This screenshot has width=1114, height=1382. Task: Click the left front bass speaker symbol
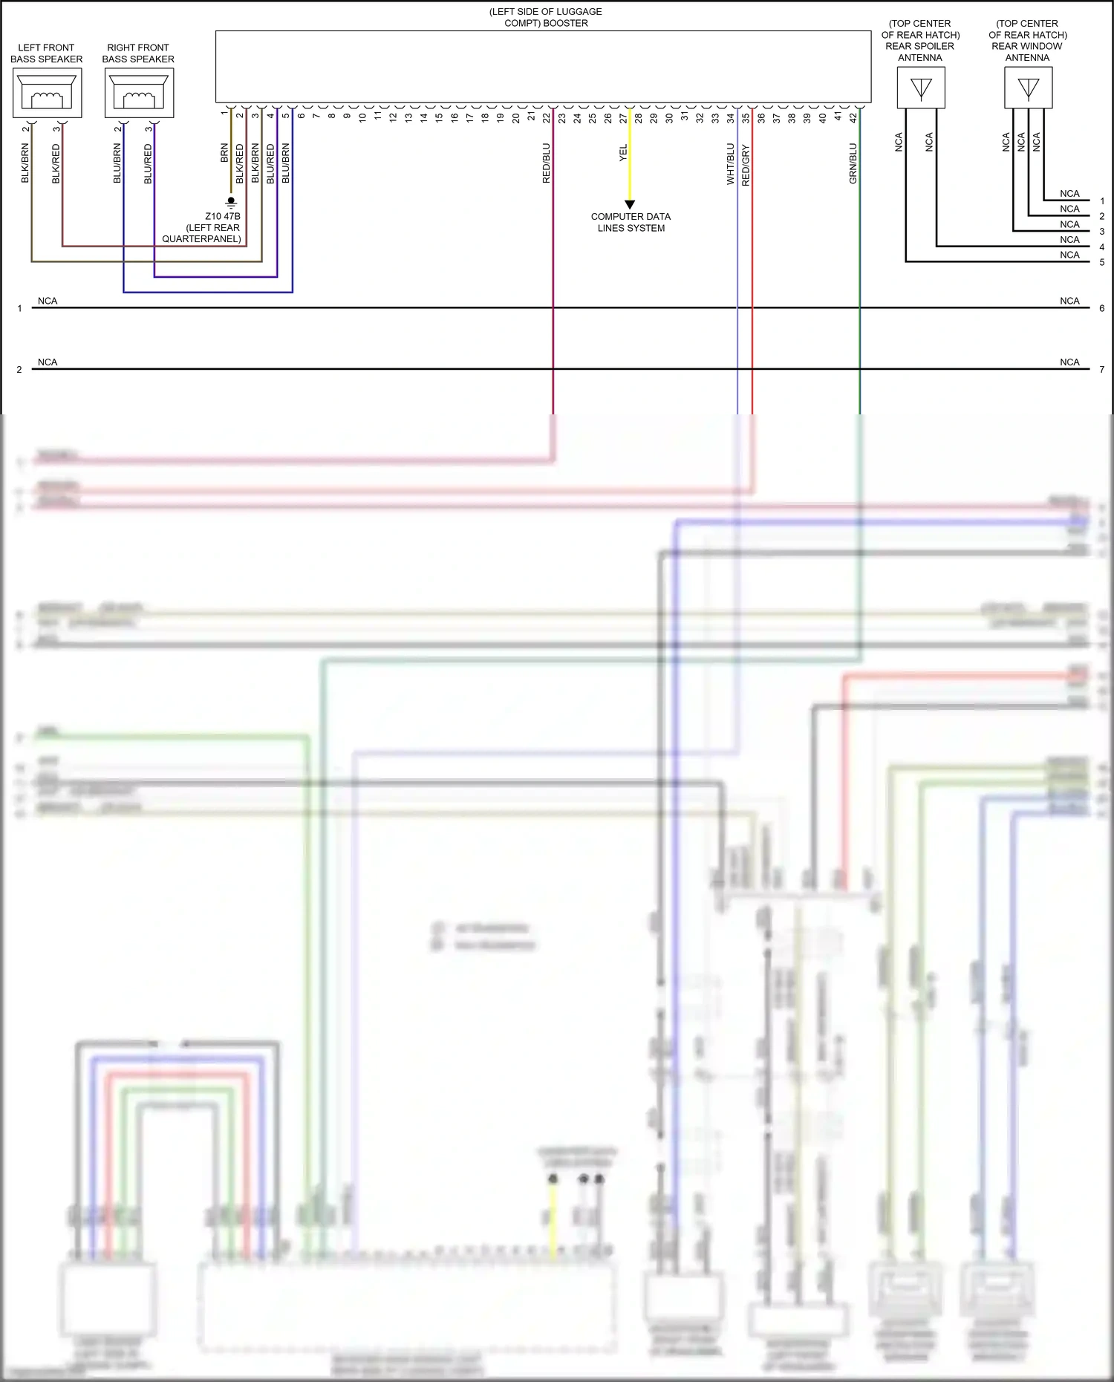[x=47, y=93]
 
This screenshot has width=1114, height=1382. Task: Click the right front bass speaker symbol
[x=139, y=93]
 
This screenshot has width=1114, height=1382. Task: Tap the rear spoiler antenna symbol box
[x=921, y=88]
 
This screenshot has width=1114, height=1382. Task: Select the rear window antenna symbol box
[x=1028, y=88]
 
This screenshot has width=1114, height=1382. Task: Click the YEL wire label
[x=623, y=153]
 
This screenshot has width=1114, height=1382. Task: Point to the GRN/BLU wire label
[x=853, y=163]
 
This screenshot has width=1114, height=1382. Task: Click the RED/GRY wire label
[x=746, y=165]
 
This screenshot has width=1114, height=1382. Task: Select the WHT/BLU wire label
[x=730, y=163]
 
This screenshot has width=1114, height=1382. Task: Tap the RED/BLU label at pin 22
[x=547, y=163]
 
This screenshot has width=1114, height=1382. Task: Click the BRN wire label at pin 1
[x=224, y=153]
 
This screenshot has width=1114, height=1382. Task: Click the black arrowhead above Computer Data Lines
[x=630, y=204]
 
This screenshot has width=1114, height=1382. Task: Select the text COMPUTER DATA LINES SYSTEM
[x=631, y=222]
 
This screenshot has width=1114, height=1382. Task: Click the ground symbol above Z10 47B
[x=231, y=202]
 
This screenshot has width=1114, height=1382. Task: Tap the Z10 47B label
[x=223, y=216]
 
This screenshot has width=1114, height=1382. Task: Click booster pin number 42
[x=853, y=117]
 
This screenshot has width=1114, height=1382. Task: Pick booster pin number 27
[x=623, y=117]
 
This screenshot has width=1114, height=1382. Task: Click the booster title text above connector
[x=546, y=17]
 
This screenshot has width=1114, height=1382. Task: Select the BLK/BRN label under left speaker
[x=25, y=163]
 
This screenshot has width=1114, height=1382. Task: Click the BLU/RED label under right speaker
[x=148, y=163]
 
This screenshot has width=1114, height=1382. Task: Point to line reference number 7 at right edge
[x=1101, y=369]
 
